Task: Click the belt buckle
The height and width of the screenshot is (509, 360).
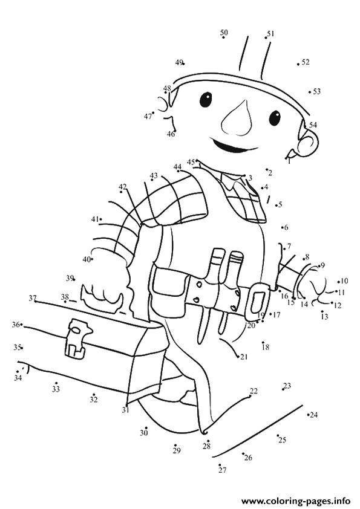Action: point(257,301)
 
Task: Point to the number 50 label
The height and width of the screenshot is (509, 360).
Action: point(224,33)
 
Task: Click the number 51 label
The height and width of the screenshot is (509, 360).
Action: point(270,33)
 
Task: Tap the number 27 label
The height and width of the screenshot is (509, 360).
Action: point(223,470)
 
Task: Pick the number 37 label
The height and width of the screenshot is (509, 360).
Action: point(33,297)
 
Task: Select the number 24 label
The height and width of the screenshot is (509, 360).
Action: point(313,415)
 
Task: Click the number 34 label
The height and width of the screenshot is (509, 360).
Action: point(18,378)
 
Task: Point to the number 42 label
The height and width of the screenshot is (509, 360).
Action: point(122,187)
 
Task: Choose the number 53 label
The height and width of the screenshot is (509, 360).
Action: point(317,91)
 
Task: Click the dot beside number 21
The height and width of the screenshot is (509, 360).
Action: point(239,357)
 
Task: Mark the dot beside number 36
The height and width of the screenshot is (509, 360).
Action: point(21,324)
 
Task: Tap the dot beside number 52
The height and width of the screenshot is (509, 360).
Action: point(298,64)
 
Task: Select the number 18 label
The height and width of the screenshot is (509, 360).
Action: point(266,347)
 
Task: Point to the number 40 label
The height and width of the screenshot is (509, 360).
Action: point(87,259)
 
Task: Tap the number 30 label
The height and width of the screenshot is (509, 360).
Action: point(144,433)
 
